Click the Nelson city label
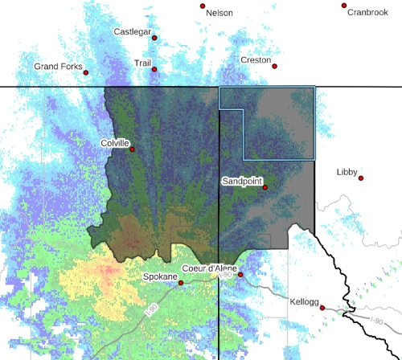219,14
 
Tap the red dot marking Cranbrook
344,6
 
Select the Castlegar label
133,32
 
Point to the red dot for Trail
154,69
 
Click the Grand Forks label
58,67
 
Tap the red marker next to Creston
274,67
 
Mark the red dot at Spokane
181,283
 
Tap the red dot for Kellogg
322,308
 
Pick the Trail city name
143,63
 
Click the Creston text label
256,60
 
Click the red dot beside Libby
361,178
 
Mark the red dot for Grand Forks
86,72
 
